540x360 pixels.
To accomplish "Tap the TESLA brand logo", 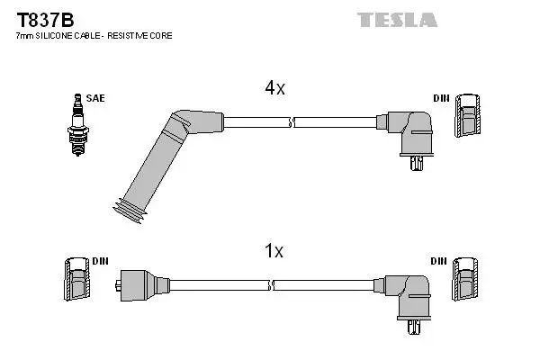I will (x=397, y=19).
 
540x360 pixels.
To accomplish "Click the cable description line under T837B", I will (x=94, y=36).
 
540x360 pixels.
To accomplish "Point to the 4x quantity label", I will (x=274, y=88).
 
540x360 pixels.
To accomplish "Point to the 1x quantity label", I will (x=274, y=252).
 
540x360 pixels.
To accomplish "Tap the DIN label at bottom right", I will (x=440, y=261).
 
